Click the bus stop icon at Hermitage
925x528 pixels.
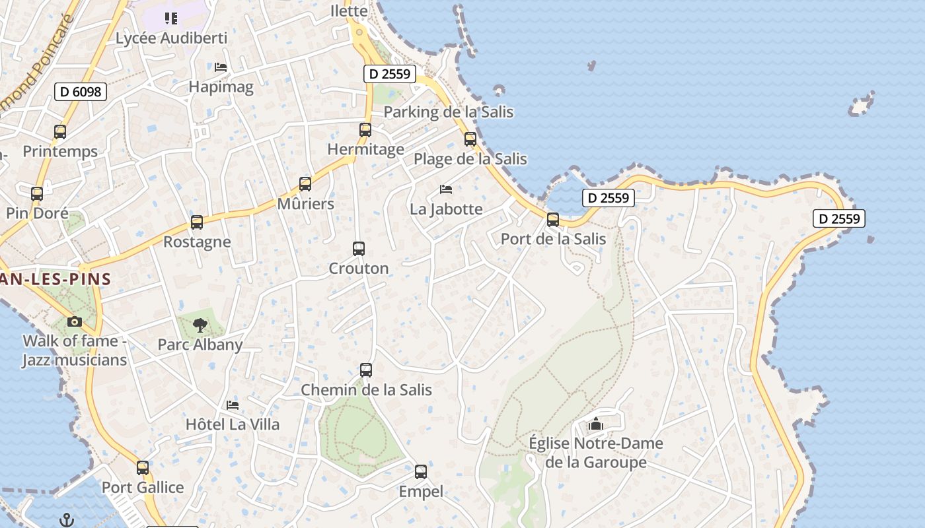click(365, 130)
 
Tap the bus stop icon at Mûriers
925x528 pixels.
click(305, 184)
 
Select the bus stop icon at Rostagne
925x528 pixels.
click(197, 222)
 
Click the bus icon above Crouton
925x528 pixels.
click(359, 249)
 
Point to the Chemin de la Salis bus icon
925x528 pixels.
click(366, 370)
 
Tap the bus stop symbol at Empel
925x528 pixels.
click(421, 472)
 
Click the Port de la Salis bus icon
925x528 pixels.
click(553, 220)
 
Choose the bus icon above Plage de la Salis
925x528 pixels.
click(470, 139)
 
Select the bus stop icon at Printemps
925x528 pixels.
click(60, 132)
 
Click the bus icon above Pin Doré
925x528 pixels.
click(37, 194)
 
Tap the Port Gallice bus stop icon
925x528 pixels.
click(143, 468)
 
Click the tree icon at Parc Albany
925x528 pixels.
click(200, 325)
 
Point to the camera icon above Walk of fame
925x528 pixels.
click(75, 322)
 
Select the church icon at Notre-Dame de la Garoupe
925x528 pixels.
click(596, 424)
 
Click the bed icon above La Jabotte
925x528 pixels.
click(446, 189)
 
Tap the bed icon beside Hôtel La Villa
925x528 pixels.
click(233, 405)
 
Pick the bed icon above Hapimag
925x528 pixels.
click(221, 67)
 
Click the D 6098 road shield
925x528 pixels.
click(81, 92)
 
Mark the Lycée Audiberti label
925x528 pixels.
click(171, 38)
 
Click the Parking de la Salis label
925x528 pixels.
click(448, 112)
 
